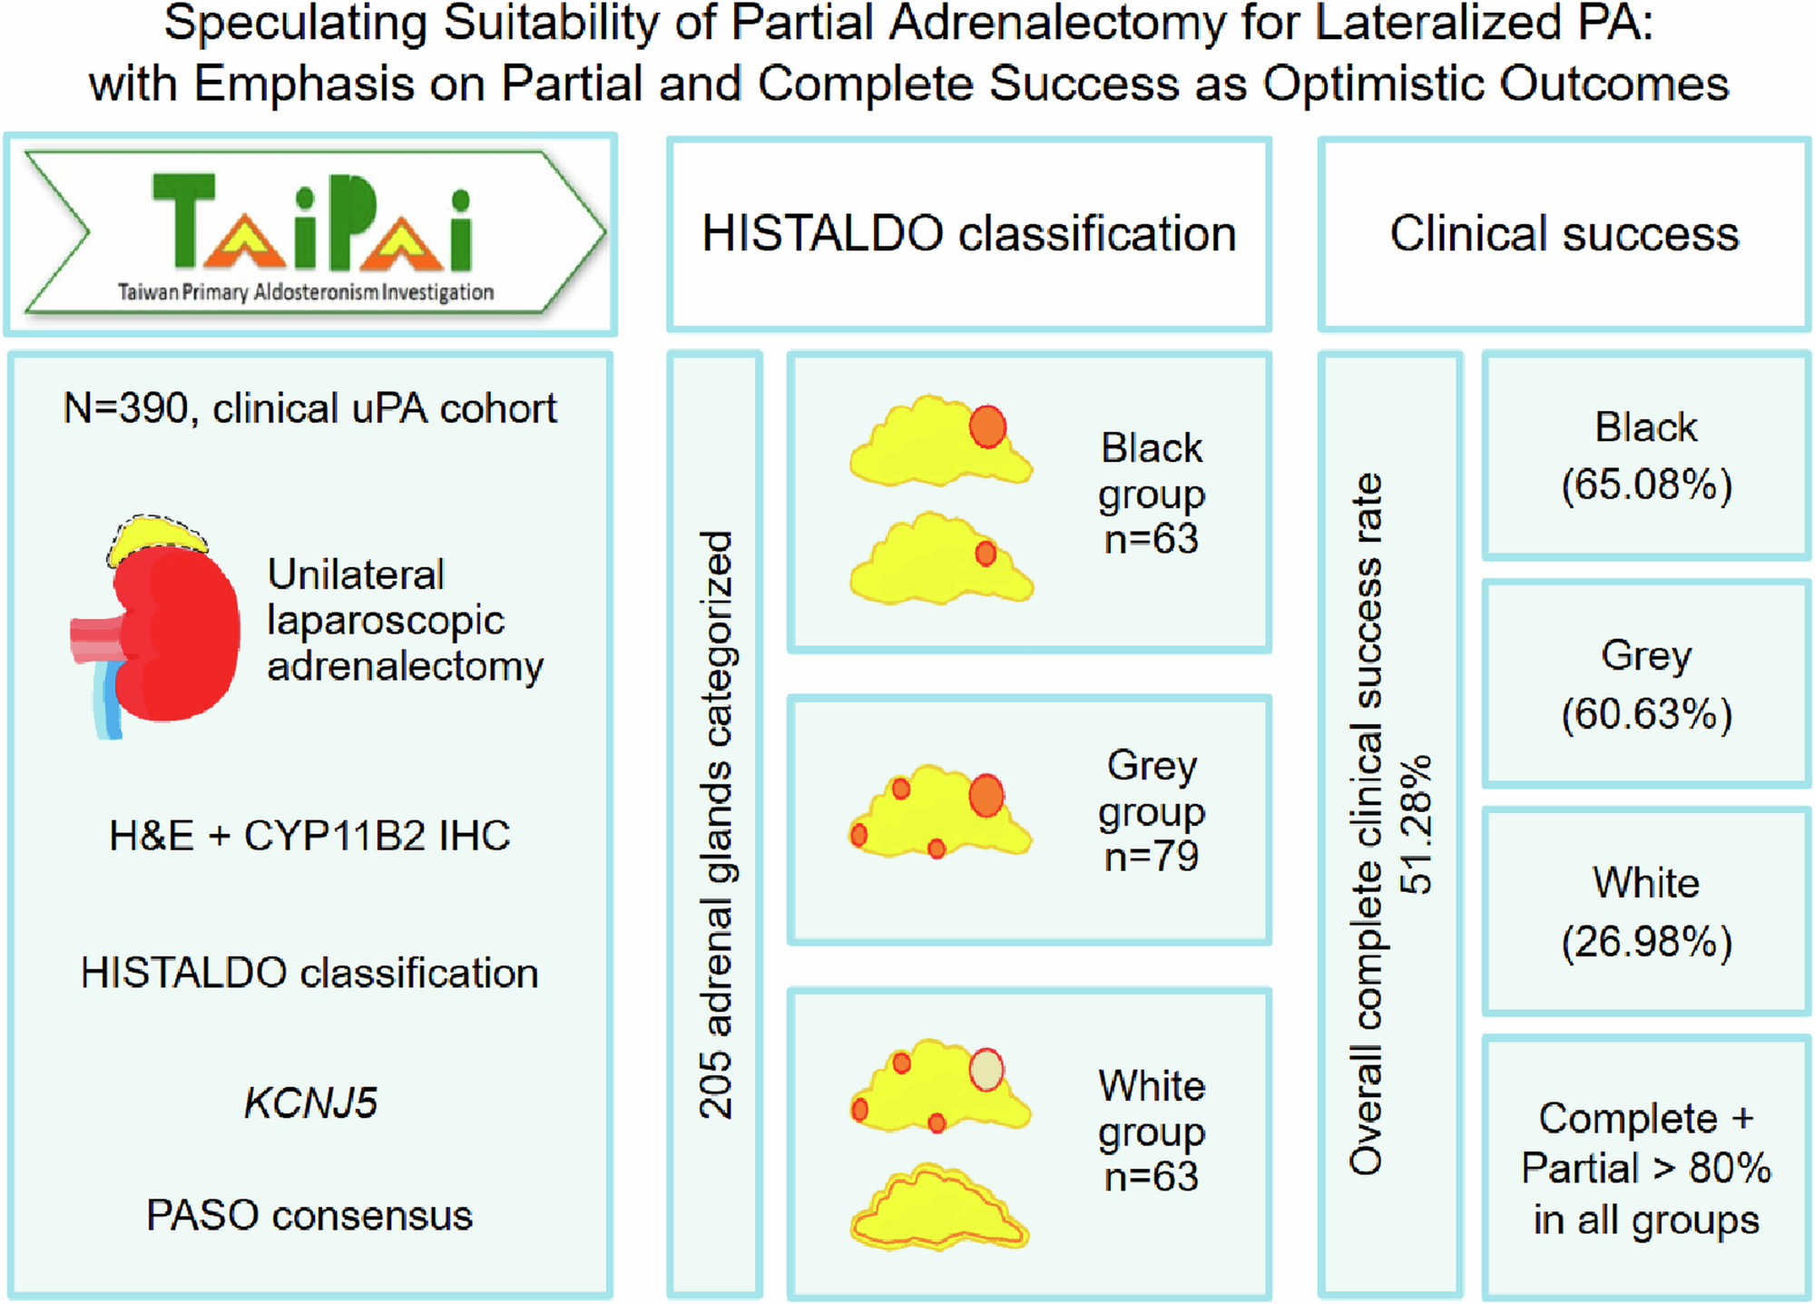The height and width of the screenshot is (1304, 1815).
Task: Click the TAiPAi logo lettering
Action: [x=311, y=223]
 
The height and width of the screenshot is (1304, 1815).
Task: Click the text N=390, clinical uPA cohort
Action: [x=309, y=409]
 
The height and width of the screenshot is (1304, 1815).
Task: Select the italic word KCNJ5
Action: [x=310, y=1103]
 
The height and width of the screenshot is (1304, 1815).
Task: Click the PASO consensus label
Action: [x=309, y=1216]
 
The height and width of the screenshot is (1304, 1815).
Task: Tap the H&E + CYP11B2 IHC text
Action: [x=309, y=836]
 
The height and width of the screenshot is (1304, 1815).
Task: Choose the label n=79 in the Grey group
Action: [x=1151, y=857]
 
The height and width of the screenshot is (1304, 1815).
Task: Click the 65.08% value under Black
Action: [x=1646, y=485]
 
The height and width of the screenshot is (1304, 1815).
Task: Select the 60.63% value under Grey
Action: [x=1646, y=714]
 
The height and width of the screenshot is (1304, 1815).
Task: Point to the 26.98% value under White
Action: [x=1646, y=942]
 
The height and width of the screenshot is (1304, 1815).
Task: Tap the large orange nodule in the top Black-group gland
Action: [x=987, y=426]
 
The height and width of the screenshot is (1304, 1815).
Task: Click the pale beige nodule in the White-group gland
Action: [x=986, y=1070]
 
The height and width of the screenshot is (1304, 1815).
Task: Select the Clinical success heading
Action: [x=1565, y=234]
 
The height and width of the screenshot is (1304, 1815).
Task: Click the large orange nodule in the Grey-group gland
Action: [x=986, y=796]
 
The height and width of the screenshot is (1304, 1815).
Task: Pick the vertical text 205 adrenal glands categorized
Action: [x=716, y=824]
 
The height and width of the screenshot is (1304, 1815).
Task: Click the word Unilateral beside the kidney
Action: [x=356, y=575]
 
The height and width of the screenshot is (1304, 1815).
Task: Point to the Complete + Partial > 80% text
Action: [x=1646, y=1169]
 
